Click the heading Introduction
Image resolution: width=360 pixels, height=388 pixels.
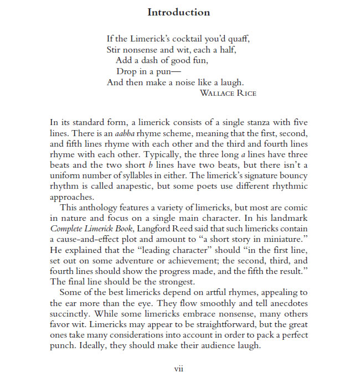(x=179, y=12)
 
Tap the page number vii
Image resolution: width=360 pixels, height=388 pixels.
(x=179, y=369)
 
